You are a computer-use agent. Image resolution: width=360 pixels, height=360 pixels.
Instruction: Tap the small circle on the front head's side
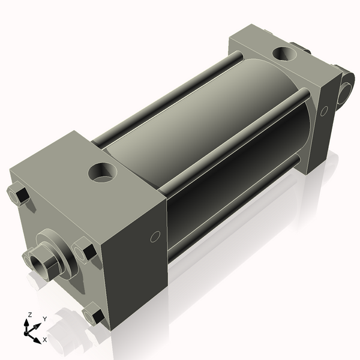(x=155, y=236)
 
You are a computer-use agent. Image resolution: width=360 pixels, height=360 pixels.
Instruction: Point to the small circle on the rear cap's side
(x=324, y=111)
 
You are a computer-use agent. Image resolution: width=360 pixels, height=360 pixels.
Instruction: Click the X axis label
(x=44, y=340)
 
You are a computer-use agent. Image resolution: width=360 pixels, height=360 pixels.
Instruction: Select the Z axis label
(x=29, y=314)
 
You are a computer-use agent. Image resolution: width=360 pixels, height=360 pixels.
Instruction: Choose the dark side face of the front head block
(x=137, y=264)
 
